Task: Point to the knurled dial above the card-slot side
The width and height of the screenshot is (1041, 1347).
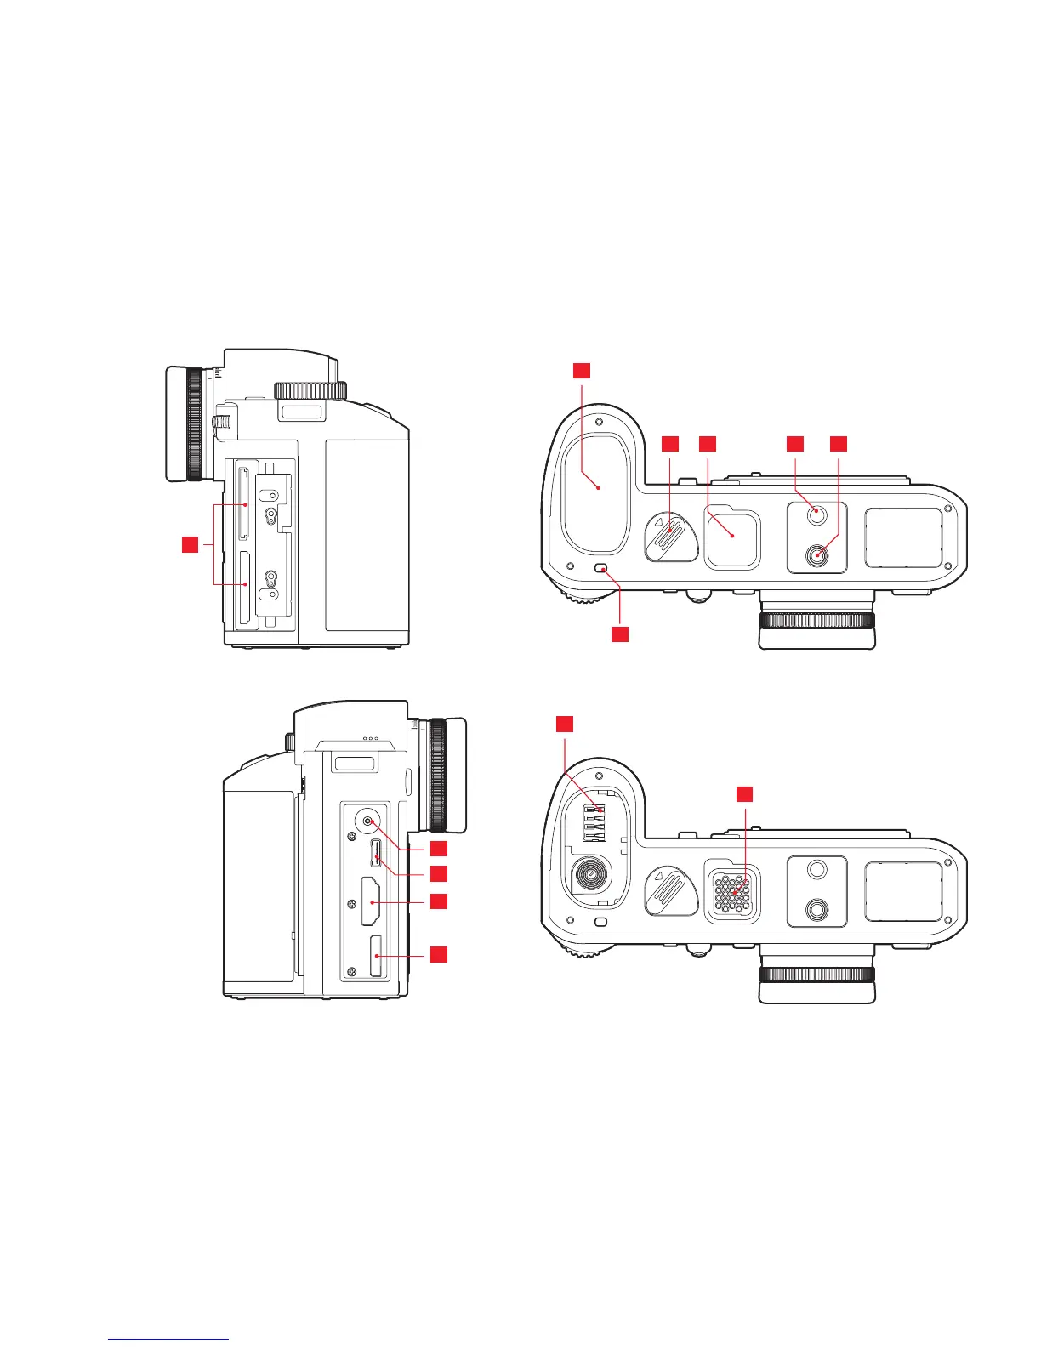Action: pyautogui.click(x=310, y=390)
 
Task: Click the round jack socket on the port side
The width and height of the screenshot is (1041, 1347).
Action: pyautogui.click(x=367, y=821)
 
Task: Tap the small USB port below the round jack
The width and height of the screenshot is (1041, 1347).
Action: pyautogui.click(x=376, y=854)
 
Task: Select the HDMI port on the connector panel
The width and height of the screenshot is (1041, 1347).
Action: pyautogui.click(x=372, y=902)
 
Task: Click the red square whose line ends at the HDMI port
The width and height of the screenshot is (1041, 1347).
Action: pyautogui.click(x=438, y=901)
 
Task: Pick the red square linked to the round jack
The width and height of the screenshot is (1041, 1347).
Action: pyautogui.click(x=438, y=848)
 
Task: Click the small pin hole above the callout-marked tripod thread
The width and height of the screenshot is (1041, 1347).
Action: pyautogui.click(x=816, y=512)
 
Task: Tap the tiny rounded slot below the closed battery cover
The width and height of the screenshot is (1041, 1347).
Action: pyautogui.click(x=601, y=568)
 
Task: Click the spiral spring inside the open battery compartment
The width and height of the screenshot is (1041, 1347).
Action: pyautogui.click(x=588, y=872)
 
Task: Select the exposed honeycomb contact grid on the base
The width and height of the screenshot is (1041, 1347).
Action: pyautogui.click(x=732, y=892)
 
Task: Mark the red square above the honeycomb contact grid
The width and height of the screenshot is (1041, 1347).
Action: pyautogui.click(x=744, y=793)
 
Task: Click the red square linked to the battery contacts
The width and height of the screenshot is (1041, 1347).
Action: pyautogui.click(x=565, y=724)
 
